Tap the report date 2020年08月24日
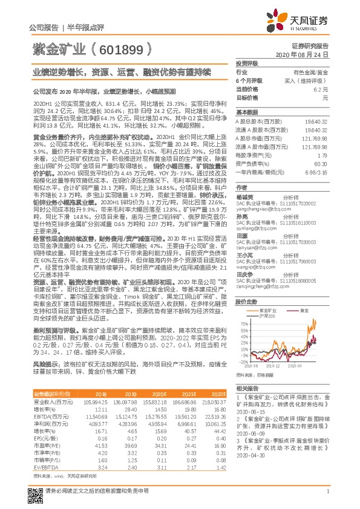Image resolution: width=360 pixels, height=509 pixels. [318, 54]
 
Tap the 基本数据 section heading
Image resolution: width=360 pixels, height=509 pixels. [245, 112]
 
